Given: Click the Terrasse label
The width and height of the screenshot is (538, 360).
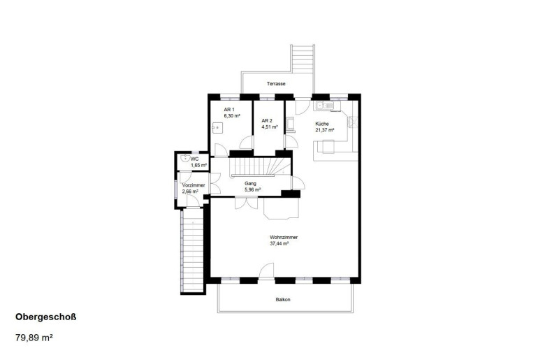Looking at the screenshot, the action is coord(276,84).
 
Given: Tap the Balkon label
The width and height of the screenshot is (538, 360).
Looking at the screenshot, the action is coord(283,300).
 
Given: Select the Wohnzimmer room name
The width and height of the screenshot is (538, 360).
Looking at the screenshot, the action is coord(284,237).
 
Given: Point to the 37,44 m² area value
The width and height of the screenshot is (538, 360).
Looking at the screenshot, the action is coord(279,244).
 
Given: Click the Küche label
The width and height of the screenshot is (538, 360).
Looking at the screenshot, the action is coord(322,124).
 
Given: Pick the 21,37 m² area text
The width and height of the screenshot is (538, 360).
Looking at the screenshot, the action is coord(325,130).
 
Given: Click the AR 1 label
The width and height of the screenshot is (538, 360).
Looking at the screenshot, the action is coord(229,110).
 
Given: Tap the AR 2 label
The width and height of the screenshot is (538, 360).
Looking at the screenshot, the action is coord(267,120).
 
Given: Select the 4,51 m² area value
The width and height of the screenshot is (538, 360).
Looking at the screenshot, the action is coord(270,127).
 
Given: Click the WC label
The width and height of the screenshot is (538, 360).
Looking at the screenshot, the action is coord(194,159).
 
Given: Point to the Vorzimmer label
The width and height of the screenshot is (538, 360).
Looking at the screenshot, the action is coord(194,185).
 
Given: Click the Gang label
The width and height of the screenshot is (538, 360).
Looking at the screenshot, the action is coord(250,184).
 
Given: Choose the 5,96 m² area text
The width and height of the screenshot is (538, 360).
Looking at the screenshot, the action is coord(252,189).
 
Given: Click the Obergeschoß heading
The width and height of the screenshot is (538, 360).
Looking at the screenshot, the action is coord(46,317).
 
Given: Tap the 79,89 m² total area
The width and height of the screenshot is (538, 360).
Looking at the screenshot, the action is coord(34,338).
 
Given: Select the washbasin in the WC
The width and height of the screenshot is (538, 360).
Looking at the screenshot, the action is coord(185,158).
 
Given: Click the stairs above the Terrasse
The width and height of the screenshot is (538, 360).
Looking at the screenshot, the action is coord(303,58).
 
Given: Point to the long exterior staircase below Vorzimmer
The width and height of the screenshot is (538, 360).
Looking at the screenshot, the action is coord(192,251).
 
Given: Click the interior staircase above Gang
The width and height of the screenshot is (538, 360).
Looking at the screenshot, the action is coord(261,167).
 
